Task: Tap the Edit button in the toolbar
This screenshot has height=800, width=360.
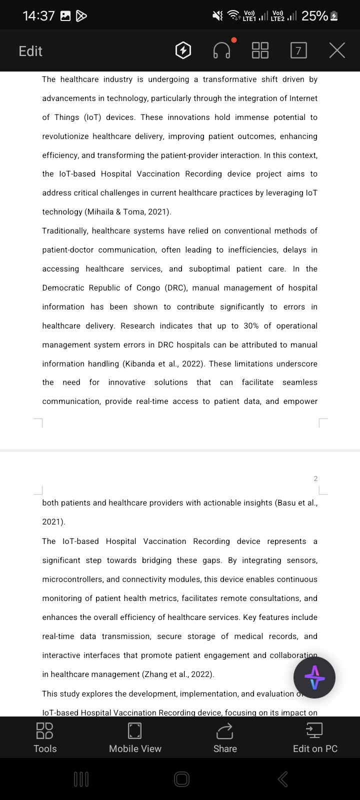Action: [x=30, y=51]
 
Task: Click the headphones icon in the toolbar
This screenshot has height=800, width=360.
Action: [x=221, y=50]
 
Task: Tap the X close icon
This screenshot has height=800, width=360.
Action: [x=337, y=50]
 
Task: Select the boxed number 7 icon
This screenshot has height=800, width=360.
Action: [x=298, y=50]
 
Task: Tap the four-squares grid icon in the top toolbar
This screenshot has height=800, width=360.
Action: [x=260, y=50]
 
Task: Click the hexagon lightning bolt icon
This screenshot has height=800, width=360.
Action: [x=183, y=50]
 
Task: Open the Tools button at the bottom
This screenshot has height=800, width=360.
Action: [x=45, y=737]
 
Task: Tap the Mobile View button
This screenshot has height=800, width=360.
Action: [x=135, y=737]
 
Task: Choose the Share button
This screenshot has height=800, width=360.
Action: [x=225, y=737]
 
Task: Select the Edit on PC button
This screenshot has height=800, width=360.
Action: [x=315, y=737]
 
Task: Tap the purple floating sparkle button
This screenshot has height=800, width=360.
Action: [x=314, y=677]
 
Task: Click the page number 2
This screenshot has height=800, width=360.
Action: [x=315, y=478]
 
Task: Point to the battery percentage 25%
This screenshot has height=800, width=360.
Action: [x=314, y=16]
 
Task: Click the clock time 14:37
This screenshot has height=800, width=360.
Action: [x=38, y=16]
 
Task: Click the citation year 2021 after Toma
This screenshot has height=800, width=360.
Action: [x=158, y=212]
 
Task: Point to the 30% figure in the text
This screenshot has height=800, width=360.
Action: [x=251, y=326]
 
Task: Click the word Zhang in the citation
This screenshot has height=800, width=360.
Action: [x=155, y=674]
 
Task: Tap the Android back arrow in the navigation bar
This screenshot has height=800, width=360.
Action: [x=282, y=778]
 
